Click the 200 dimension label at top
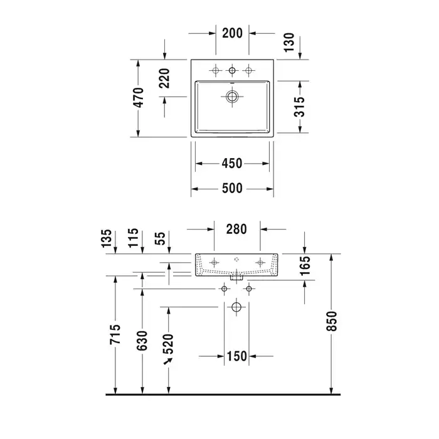coord(233,33)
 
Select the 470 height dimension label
coord(139,97)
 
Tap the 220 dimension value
coord(164,78)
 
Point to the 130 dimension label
coord(289,42)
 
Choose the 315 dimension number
coord(300,107)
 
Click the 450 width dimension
coord(232,164)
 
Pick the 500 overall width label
coord(232,188)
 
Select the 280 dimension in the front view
coord(236,229)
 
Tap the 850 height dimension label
coord(332,321)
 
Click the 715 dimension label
coord(115,334)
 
